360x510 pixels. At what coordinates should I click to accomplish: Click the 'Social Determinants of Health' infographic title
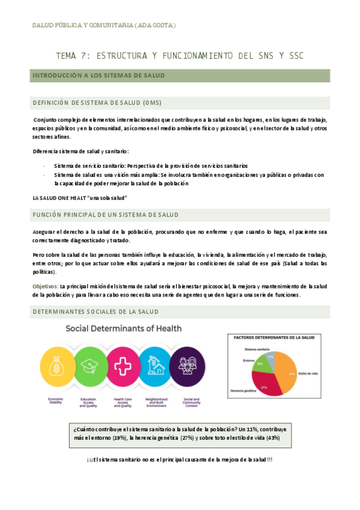(123, 328)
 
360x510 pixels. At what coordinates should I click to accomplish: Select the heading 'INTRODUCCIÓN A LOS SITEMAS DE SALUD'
(98, 76)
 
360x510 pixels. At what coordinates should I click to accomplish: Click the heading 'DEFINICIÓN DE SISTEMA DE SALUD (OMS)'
(97, 102)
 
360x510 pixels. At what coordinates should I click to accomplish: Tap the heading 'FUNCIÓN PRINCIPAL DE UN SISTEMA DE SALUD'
(105, 215)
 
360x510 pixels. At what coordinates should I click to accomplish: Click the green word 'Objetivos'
(44, 286)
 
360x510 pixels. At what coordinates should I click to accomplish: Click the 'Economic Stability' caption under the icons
(56, 401)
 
